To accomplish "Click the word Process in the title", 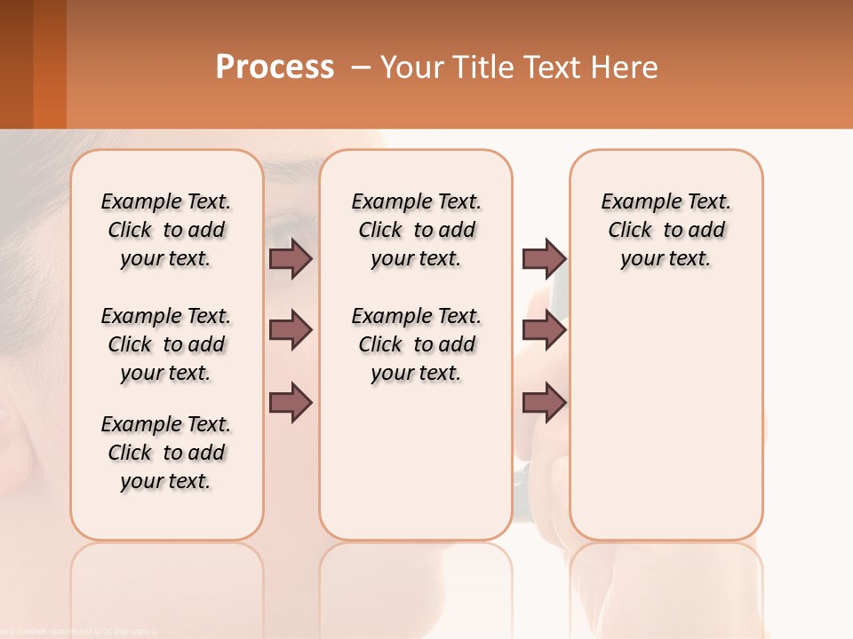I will (x=275, y=67).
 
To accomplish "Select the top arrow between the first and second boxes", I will (x=291, y=259).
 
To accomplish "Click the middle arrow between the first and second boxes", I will (x=291, y=330).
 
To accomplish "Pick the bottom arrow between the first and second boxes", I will (x=291, y=402).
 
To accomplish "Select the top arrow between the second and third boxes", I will (x=544, y=259).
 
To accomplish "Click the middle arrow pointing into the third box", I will (x=544, y=330).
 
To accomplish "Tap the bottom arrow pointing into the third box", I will (x=544, y=402).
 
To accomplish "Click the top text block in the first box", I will (x=166, y=230).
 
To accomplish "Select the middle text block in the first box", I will (x=166, y=344).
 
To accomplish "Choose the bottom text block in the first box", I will (x=166, y=453).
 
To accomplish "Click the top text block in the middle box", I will (x=416, y=230).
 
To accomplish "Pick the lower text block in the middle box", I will (x=416, y=344).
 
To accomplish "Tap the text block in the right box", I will (x=666, y=230).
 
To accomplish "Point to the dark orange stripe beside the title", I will (x=50, y=64).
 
